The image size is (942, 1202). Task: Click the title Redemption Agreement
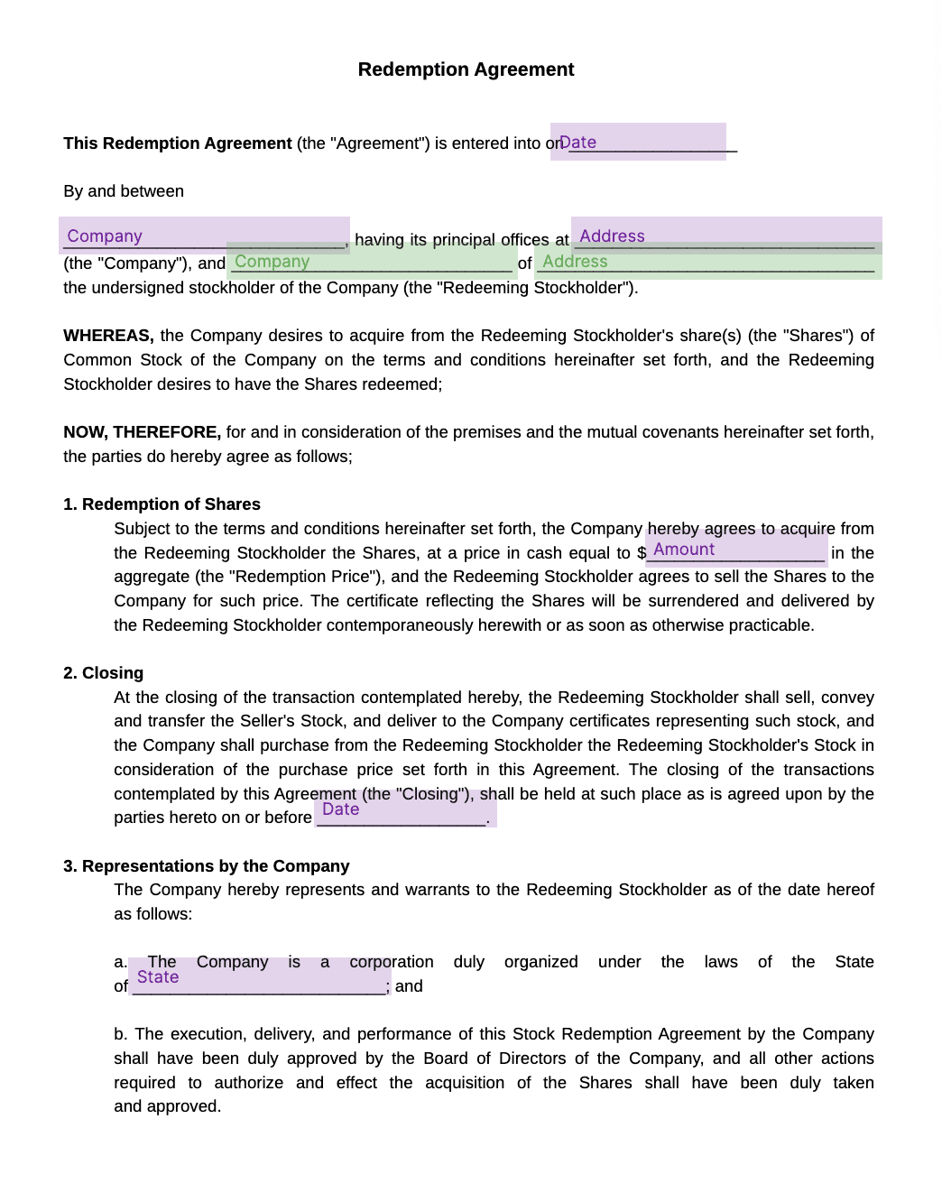[x=466, y=69]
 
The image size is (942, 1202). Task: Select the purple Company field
[x=204, y=236]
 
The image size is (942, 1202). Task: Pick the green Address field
[x=708, y=262]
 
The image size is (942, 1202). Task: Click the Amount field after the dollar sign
[x=736, y=550]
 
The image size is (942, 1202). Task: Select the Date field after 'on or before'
[x=405, y=810]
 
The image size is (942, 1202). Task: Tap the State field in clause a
[x=259, y=978]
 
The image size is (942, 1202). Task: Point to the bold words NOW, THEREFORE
[x=142, y=432]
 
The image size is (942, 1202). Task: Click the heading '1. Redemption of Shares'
[x=162, y=504]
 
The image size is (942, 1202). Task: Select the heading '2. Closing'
[x=104, y=673]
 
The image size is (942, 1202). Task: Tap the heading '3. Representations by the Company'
[x=207, y=866]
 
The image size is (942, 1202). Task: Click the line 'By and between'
[x=124, y=191]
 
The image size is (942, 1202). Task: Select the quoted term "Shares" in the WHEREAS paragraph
[x=817, y=336]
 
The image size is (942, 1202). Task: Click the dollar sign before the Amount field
[x=642, y=553]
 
